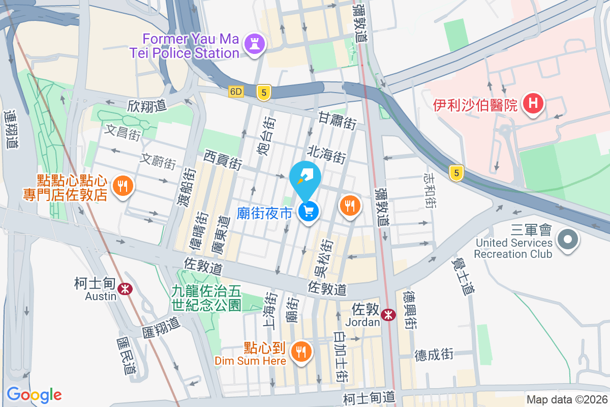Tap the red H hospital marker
[533, 104]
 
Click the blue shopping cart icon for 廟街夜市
[309, 211]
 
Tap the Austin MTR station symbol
[124, 289]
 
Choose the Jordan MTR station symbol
[389, 315]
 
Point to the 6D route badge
[236, 92]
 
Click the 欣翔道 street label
[147, 106]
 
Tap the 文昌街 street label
[122, 133]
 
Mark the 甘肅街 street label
[337, 121]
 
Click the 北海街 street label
[326, 154]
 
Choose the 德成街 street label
[434, 355]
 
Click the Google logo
[34, 395]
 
